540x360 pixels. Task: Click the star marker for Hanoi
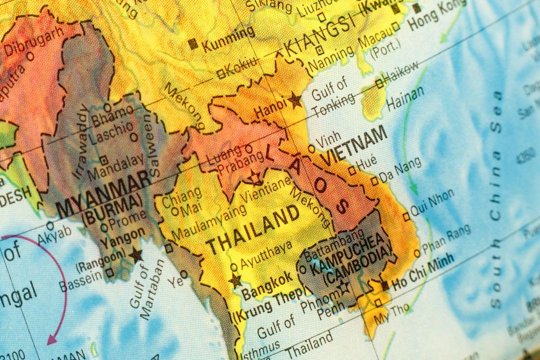(x=295, y=100)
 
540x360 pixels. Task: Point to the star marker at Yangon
(x=135, y=255)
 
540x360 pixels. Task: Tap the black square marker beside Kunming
(x=193, y=44)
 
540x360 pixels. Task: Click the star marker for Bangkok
(x=235, y=281)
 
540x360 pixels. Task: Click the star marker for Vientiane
(x=256, y=178)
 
